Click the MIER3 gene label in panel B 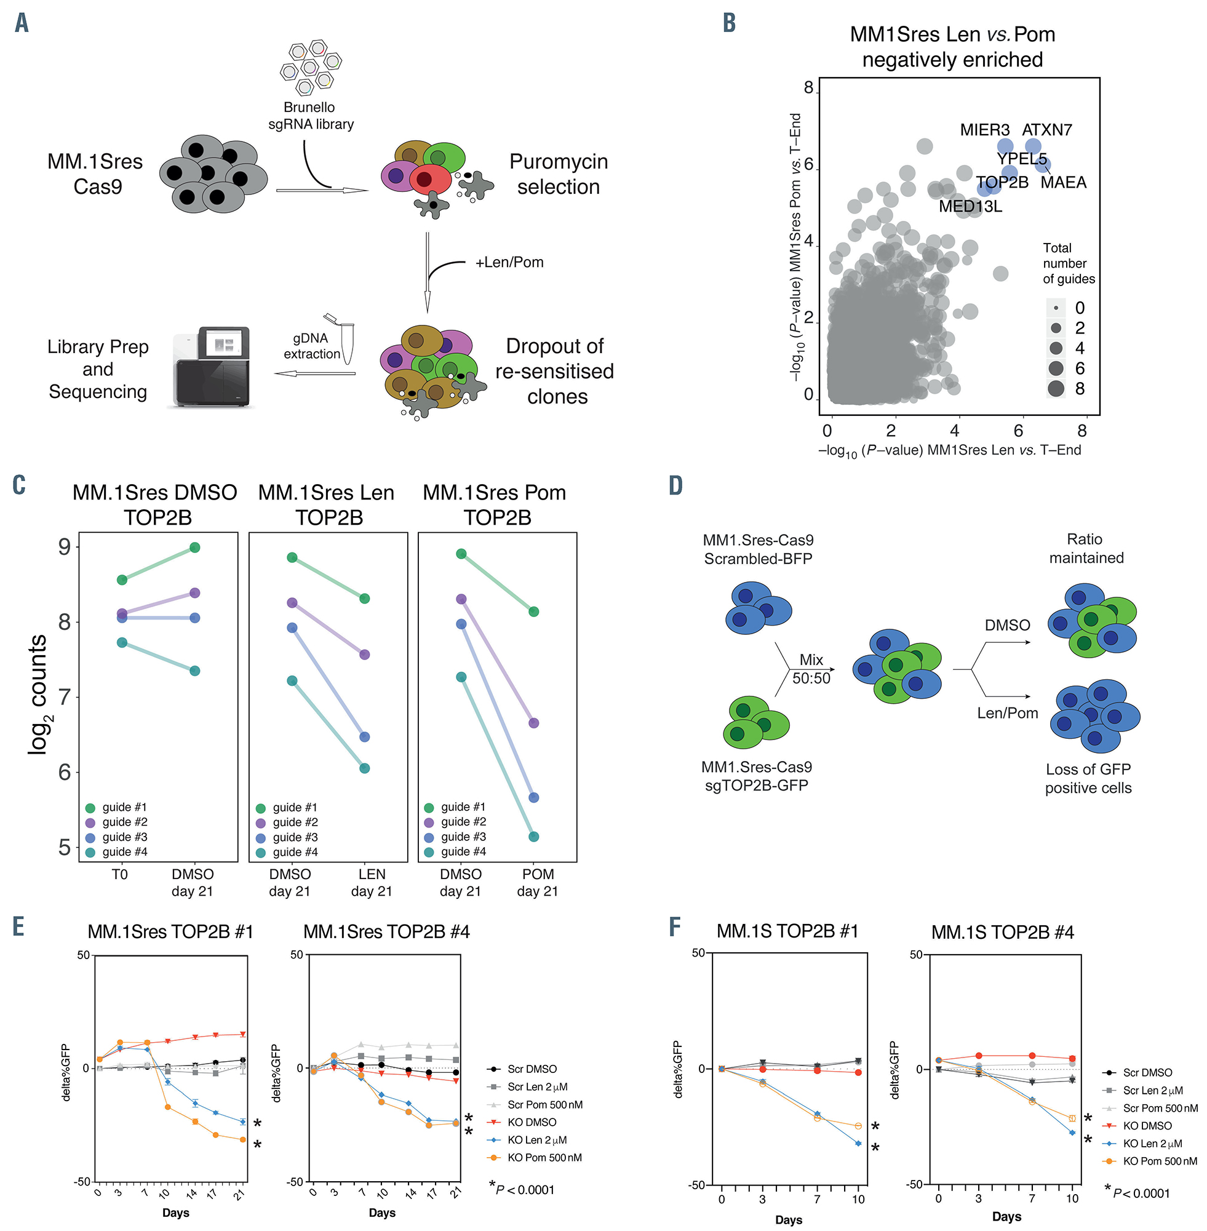coord(984,130)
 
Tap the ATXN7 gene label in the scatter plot coord(1046,130)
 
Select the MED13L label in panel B coord(970,207)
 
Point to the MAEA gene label coord(1063,183)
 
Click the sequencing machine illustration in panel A coord(212,367)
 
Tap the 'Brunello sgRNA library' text coord(310,116)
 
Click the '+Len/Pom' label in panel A coord(509,263)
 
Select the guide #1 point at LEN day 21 coord(365,599)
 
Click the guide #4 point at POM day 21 coord(534,837)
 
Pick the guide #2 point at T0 coord(122,613)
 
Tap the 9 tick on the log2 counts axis coord(64,547)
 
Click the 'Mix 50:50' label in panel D coord(811,669)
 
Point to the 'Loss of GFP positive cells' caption coord(1088,778)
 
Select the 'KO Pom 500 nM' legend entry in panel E coord(544,1157)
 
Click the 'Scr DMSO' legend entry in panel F coord(1147,1072)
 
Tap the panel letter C coord(19,485)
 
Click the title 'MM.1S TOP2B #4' coord(1002,933)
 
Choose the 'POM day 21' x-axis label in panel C coord(538,882)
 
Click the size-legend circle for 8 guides coord(1056,389)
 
